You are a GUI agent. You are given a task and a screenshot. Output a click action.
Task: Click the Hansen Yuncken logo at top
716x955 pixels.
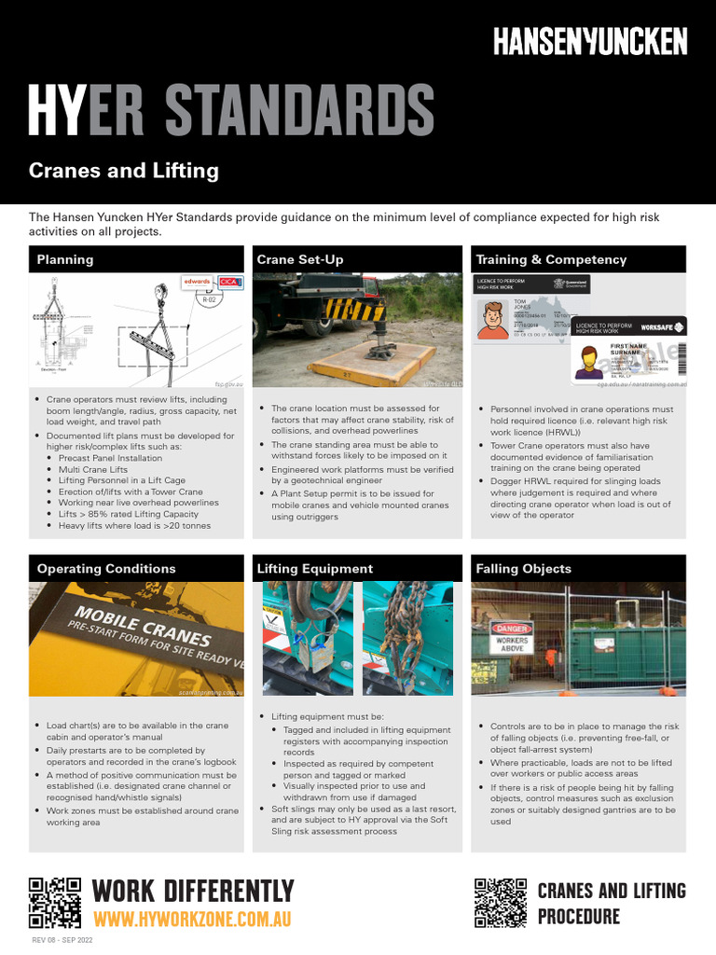click(x=589, y=41)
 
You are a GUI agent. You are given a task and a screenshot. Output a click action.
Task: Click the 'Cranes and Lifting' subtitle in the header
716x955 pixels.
click(x=124, y=171)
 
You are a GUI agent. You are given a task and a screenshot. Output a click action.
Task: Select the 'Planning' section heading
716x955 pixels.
click(x=65, y=259)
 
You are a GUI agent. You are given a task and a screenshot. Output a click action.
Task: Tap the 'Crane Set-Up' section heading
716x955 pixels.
click(x=299, y=259)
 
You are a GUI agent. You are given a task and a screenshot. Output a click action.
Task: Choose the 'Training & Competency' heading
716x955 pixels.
click(x=551, y=259)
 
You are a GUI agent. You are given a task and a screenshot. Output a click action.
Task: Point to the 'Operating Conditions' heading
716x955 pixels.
click(x=106, y=569)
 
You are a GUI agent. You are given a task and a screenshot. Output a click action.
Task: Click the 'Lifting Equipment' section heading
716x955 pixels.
click(x=314, y=569)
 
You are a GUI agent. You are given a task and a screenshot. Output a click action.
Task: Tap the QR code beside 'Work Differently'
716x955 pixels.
click(x=55, y=903)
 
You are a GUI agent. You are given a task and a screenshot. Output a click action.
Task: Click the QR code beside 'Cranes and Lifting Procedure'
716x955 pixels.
click(x=501, y=903)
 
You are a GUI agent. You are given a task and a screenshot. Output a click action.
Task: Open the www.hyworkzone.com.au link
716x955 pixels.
click(x=192, y=919)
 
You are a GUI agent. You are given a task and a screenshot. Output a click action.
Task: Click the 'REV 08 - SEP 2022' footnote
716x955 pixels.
click(x=63, y=940)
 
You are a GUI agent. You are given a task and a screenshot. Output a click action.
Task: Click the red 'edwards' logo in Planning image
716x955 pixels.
click(x=198, y=281)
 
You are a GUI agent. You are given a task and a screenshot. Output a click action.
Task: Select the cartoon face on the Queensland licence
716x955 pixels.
click(x=492, y=320)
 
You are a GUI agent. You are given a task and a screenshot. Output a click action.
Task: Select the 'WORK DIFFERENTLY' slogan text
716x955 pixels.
click(x=193, y=891)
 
